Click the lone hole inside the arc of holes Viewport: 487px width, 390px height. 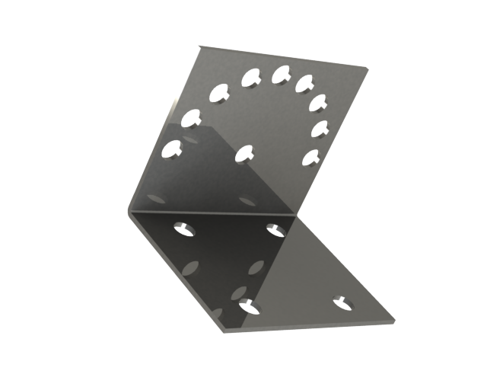point(244,153)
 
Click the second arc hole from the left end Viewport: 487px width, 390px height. point(190,118)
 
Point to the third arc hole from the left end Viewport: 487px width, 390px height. point(219,94)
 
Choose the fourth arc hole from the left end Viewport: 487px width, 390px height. point(252,77)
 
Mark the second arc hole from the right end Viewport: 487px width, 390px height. point(320,128)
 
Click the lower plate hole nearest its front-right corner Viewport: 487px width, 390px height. point(344,302)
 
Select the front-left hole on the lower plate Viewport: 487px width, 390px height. point(249,306)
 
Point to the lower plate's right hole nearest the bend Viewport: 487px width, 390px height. point(275,228)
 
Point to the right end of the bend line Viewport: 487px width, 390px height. point(297,214)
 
